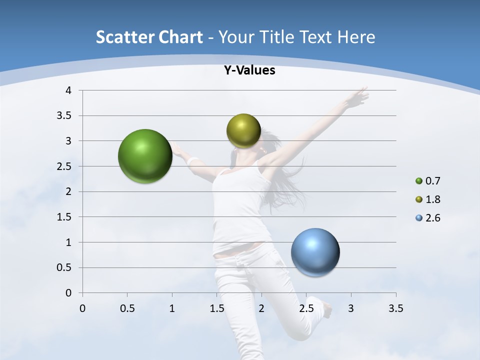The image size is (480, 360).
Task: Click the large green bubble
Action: [x=145, y=156]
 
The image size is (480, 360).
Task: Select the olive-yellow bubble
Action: [x=243, y=130]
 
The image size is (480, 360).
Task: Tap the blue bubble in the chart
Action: [x=315, y=252]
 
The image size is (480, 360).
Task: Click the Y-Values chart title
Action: [x=249, y=70]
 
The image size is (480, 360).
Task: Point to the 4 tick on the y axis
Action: [x=68, y=90]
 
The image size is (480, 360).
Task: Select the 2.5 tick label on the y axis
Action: [x=64, y=166]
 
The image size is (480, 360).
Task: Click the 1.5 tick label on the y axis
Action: [x=64, y=217]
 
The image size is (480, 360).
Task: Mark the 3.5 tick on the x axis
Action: [x=395, y=308]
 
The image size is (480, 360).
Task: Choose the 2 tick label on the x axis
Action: [x=261, y=308]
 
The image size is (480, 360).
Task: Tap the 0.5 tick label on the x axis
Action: [x=127, y=308]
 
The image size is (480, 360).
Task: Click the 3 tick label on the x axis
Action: [x=351, y=308]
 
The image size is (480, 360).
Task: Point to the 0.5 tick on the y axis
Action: [x=64, y=267]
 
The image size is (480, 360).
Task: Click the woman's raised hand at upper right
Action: [x=359, y=97]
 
